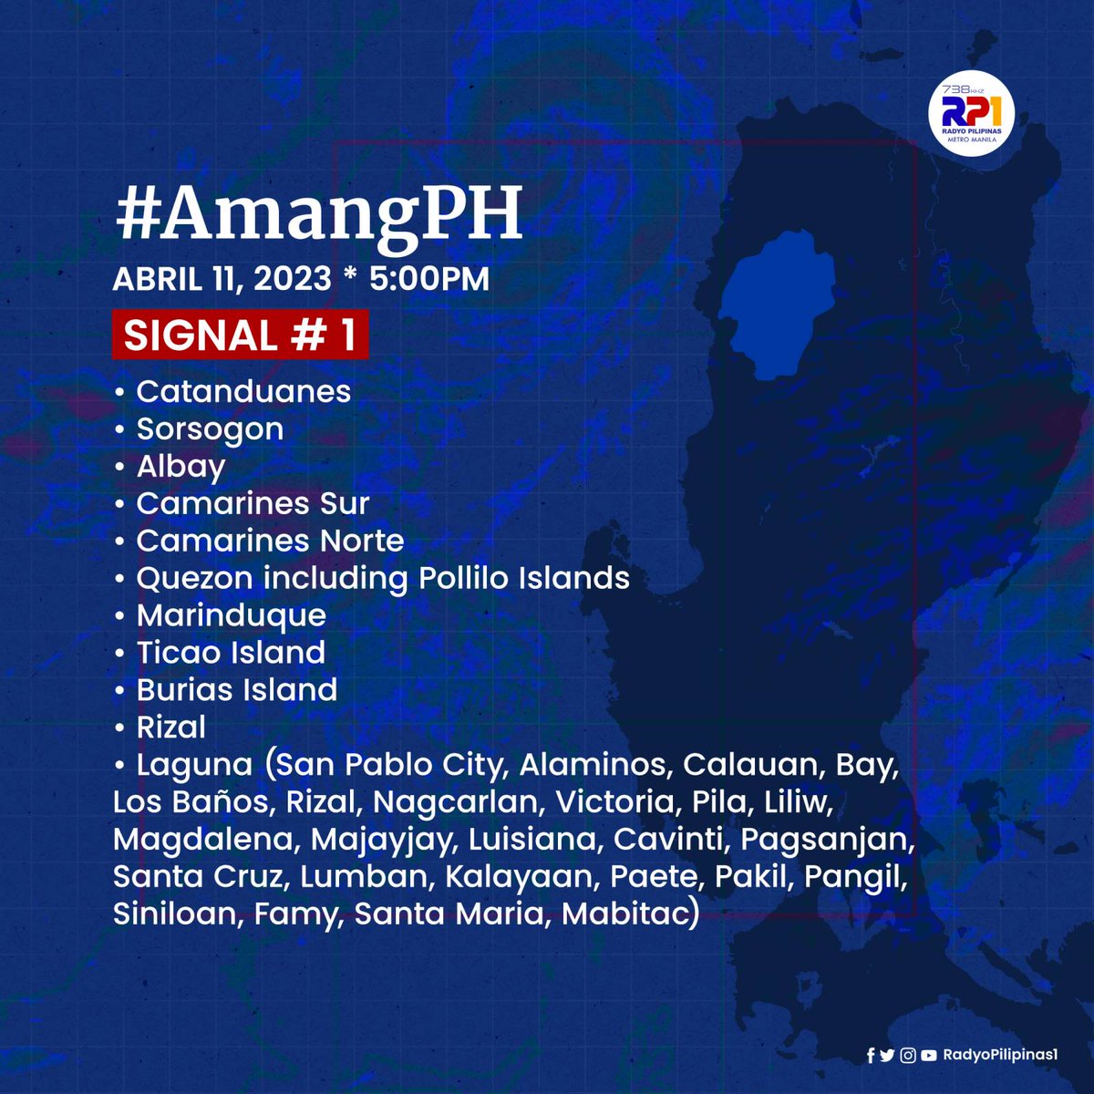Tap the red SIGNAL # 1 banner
click(240, 335)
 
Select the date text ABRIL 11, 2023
click(222, 279)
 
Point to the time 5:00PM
click(429, 279)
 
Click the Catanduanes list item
click(243, 391)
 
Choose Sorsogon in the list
click(210, 428)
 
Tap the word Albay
click(181, 466)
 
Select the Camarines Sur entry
click(253, 503)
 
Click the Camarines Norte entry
click(270, 541)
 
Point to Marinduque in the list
click(231, 615)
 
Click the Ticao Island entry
click(231, 653)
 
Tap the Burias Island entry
click(237, 690)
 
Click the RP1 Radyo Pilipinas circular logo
click(971, 114)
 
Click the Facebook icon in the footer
click(870, 1055)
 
